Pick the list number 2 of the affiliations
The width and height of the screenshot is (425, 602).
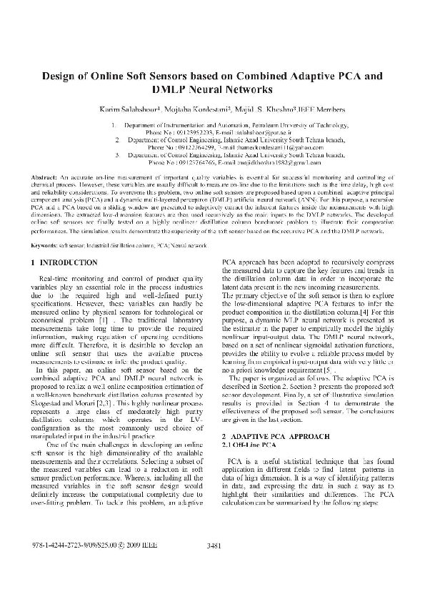(116, 141)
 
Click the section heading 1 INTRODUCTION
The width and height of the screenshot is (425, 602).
(65, 243)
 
